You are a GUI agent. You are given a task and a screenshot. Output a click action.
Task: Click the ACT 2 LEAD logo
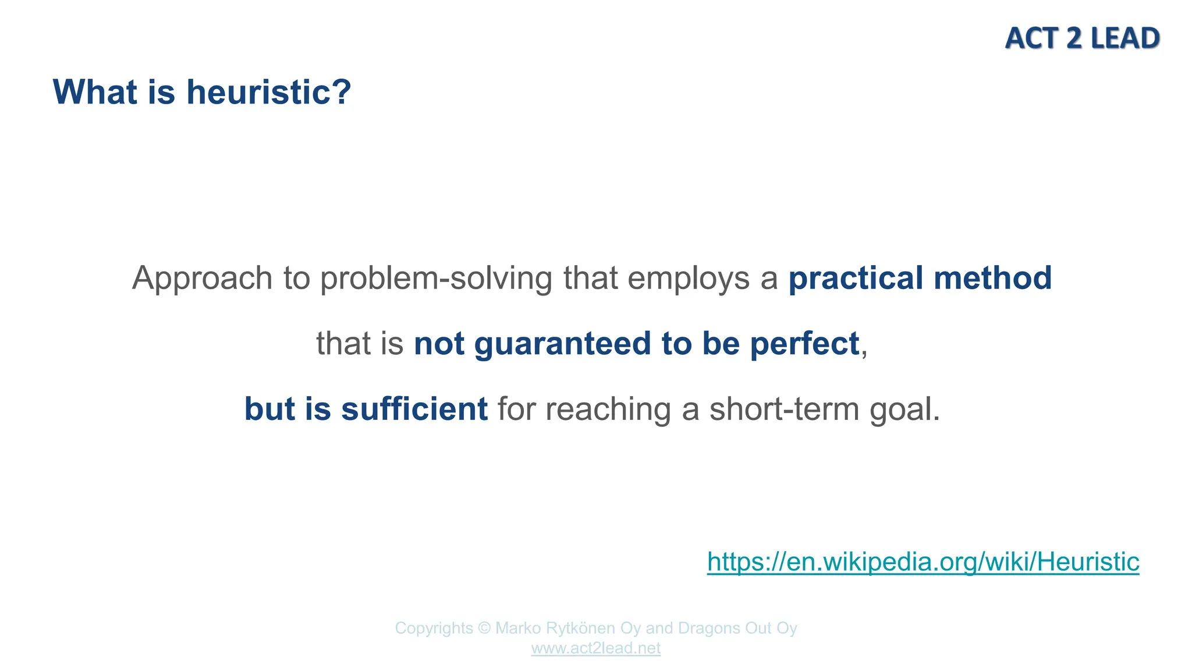(x=1082, y=38)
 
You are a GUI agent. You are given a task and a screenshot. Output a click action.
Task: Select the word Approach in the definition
(x=202, y=279)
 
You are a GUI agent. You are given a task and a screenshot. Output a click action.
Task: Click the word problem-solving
(x=436, y=279)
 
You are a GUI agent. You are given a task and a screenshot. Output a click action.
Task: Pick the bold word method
(x=992, y=278)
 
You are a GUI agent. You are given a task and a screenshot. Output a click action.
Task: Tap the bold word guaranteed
(x=562, y=344)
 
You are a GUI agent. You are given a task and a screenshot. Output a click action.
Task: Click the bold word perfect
(x=804, y=344)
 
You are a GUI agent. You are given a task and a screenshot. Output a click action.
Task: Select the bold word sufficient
(x=414, y=409)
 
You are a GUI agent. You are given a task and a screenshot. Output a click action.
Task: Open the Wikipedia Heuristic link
(x=923, y=562)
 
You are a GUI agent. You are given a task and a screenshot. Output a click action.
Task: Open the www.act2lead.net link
(x=595, y=648)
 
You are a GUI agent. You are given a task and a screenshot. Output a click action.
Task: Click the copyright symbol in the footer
(x=484, y=628)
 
